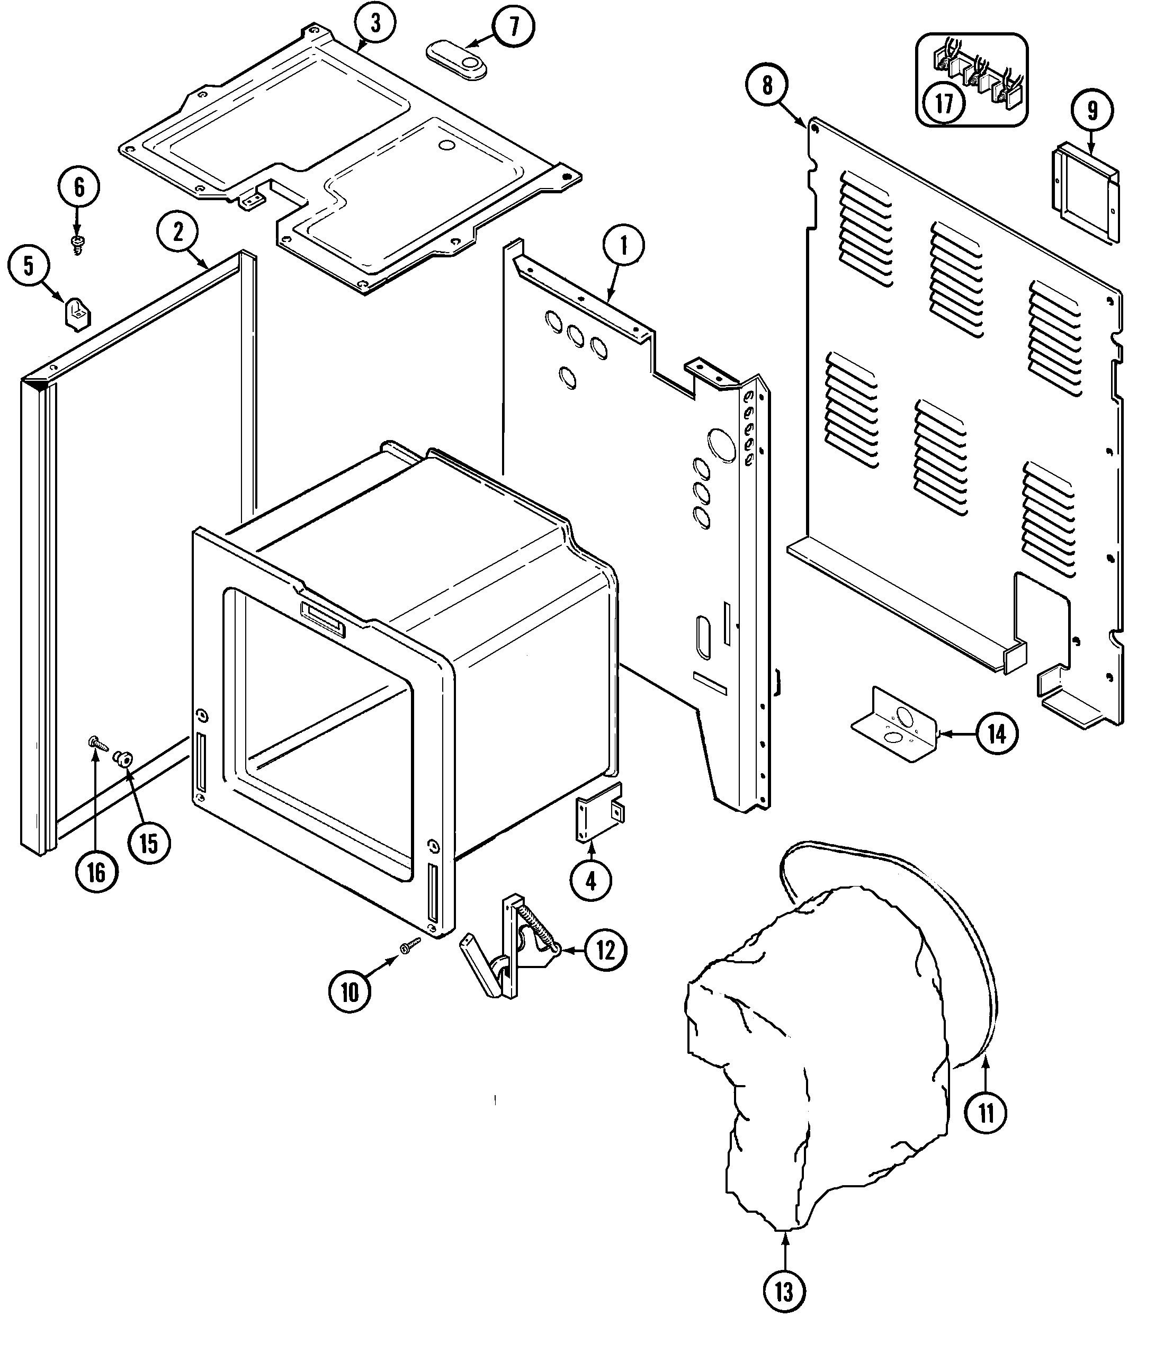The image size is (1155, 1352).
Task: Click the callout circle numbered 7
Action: (x=514, y=27)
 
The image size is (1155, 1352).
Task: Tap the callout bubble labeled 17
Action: (x=944, y=103)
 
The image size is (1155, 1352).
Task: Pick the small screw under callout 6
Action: (x=78, y=245)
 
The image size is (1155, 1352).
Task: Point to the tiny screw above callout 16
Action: (x=96, y=742)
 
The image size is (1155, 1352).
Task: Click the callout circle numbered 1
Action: (x=623, y=246)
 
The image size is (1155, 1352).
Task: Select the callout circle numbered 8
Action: (x=768, y=85)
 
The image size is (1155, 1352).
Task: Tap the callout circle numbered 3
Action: (x=375, y=23)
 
